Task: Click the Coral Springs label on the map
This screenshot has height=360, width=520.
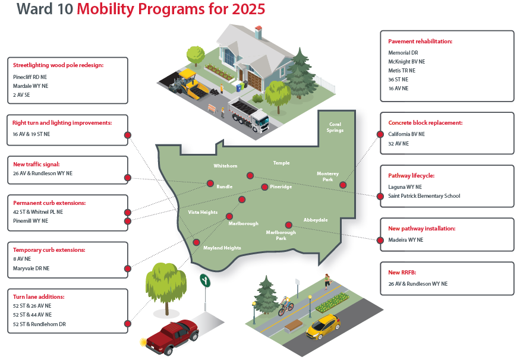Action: tap(335, 127)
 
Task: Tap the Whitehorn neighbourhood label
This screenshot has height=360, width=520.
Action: tap(225, 166)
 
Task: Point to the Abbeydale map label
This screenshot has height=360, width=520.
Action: tap(316, 220)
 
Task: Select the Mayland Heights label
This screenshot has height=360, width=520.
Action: tap(222, 248)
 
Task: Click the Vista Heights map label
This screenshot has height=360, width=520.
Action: tap(203, 212)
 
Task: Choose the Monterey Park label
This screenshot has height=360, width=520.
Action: tap(327, 176)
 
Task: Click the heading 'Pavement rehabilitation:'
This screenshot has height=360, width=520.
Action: tap(420, 42)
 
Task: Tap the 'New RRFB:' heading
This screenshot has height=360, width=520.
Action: tap(402, 273)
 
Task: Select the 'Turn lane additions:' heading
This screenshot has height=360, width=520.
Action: tap(39, 296)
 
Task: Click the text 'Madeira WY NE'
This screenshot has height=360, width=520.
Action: tap(405, 239)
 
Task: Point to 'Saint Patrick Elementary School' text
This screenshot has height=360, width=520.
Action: tap(424, 196)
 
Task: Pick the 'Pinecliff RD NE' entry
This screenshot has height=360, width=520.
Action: tap(30, 77)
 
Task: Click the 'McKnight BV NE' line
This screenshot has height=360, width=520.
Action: tap(406, 62)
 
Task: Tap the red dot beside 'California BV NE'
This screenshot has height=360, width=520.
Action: tap(380, 134)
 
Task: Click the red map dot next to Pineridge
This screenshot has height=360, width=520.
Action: tap(264, 187)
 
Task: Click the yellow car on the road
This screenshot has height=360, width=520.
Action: tap(323, 327)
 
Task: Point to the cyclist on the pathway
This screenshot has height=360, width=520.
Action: tap(285, 305)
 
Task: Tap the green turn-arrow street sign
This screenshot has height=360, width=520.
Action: tap(205, 280)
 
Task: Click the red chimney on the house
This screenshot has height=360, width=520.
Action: tap(259, 33)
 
